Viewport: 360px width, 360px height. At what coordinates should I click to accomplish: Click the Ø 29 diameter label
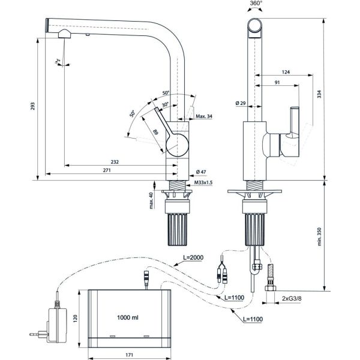click(x=240, y=103)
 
